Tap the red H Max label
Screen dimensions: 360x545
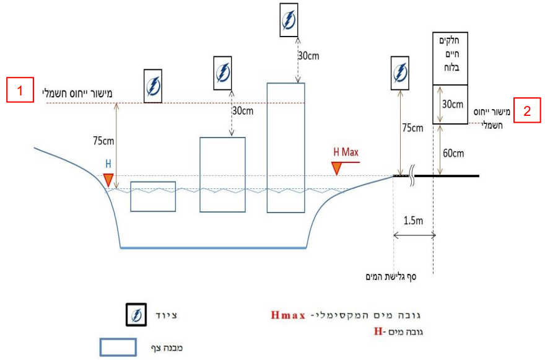coord(346,152)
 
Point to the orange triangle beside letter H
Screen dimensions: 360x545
coord(108,180)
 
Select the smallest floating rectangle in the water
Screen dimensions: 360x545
coord(153,196)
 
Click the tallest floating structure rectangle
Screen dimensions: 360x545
coord(286,147)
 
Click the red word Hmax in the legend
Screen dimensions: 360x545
coord(289,314)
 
